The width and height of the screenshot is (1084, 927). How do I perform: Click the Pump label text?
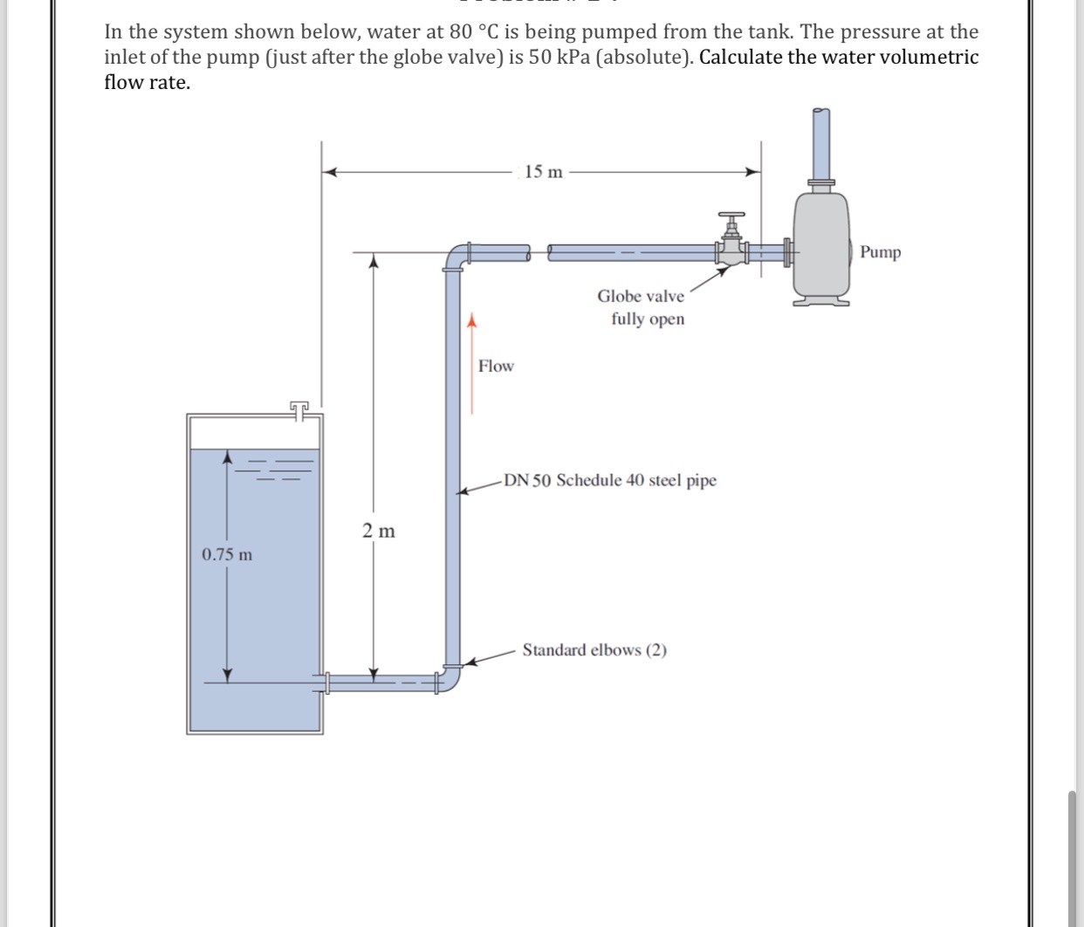tap(880, 252)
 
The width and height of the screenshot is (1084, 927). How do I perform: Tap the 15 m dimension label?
tap(544, 172)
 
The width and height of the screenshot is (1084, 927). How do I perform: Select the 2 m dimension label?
tap(379, 531)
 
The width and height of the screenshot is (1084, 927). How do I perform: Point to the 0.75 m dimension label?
tap(227, 555)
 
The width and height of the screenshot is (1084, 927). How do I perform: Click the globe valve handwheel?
tap(731, 215)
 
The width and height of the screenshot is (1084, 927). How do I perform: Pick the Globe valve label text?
tap(641, 297)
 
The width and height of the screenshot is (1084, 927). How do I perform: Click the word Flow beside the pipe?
tap(496, 367)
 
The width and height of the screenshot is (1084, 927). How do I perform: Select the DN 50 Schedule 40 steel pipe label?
tap(609, 481)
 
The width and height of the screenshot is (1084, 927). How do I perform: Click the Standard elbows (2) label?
tap(594, 650)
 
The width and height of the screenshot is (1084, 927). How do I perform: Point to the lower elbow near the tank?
tap(450, 679)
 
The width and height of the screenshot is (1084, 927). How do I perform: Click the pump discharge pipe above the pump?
tap(820, 144)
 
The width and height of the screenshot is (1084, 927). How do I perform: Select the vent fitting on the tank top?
tap(299, 409)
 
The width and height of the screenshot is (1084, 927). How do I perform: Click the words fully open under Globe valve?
tap(648, 319)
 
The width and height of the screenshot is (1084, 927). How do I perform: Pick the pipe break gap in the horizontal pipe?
tap(539, 253)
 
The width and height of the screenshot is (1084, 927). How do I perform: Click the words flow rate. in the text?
tap(147, 83)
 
